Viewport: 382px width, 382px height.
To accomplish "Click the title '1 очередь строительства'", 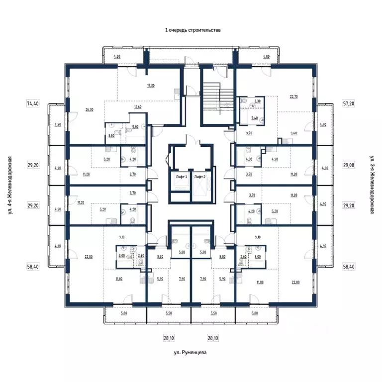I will click(192, 30).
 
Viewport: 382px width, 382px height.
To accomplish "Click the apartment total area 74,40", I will click(33, 103).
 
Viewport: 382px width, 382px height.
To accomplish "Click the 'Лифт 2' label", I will click(200, 177).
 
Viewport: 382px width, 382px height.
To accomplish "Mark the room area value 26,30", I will click(90, 109).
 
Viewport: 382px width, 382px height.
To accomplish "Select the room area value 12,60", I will click(138, 106).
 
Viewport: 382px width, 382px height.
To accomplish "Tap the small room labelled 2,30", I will click(257, 101).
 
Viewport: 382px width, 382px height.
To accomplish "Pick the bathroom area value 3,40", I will click(255, 118).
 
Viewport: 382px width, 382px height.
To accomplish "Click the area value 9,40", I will click(293, 134).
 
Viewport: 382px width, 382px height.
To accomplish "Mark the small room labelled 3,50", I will click(111, 135).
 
